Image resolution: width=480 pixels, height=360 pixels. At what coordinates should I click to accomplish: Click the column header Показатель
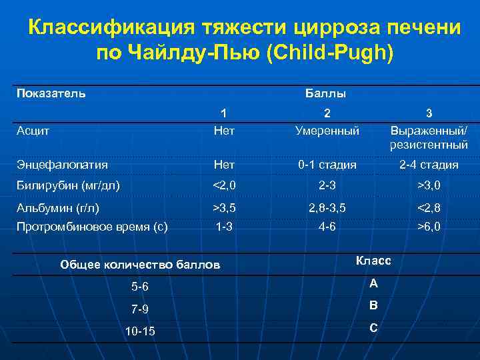point(51,93)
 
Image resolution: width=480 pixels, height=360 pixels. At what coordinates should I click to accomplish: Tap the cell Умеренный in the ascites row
point(327,130)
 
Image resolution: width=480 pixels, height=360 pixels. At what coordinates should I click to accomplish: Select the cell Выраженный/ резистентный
point(429,137)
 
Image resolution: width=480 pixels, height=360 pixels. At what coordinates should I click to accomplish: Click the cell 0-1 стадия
point(327,164)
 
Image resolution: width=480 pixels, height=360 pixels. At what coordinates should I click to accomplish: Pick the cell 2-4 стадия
point(429,164)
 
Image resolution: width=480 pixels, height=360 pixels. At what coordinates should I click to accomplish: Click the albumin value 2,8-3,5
point(327,208)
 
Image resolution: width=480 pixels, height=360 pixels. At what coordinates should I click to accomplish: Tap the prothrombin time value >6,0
point(429,227)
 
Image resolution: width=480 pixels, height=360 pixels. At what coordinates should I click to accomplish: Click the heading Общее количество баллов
point(140,264)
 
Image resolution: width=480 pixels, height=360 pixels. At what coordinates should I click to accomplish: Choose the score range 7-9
point(140,309)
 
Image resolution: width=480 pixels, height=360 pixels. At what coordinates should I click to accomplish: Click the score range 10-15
point(140,331)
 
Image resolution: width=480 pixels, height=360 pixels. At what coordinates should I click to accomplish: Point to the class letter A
point(373,283)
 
